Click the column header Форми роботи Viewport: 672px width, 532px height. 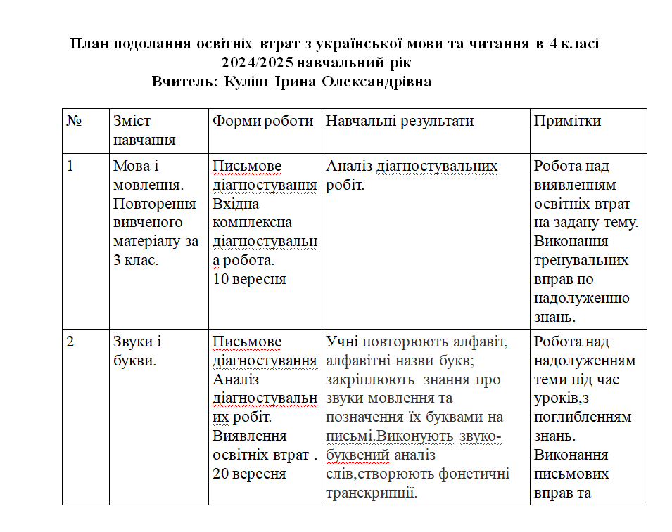pyautogui.click(x=263, y=121)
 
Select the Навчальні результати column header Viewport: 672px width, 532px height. pyautogui.click(x=399, y=121)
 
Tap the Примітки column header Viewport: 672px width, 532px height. pyautogui.click(x=567, y=121)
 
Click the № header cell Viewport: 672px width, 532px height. pyautogui.click(x=75, y=121)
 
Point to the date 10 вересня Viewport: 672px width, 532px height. pyautogui.click(x=249, y=279)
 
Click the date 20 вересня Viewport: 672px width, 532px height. pyautogui.click(x=249, y=474)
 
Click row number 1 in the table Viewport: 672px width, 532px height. pyautogui.click(x=70, y=167)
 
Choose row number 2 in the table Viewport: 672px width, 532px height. pyautogui.click(x=70, y=342)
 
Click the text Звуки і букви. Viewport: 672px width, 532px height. pyautogui.click(x=137, y=351)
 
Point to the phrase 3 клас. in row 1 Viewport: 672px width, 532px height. pyautogui.click(x=135, y=260)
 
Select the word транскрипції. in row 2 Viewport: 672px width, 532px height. pyautogui.click(x=370, y=493)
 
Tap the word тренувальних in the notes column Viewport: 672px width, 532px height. pyautogui.click(x=581, y=260)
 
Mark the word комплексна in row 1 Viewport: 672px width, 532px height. pyautogui.click(x=243, y=223)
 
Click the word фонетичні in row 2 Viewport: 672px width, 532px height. pyautogui.click(x=475, y=474)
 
